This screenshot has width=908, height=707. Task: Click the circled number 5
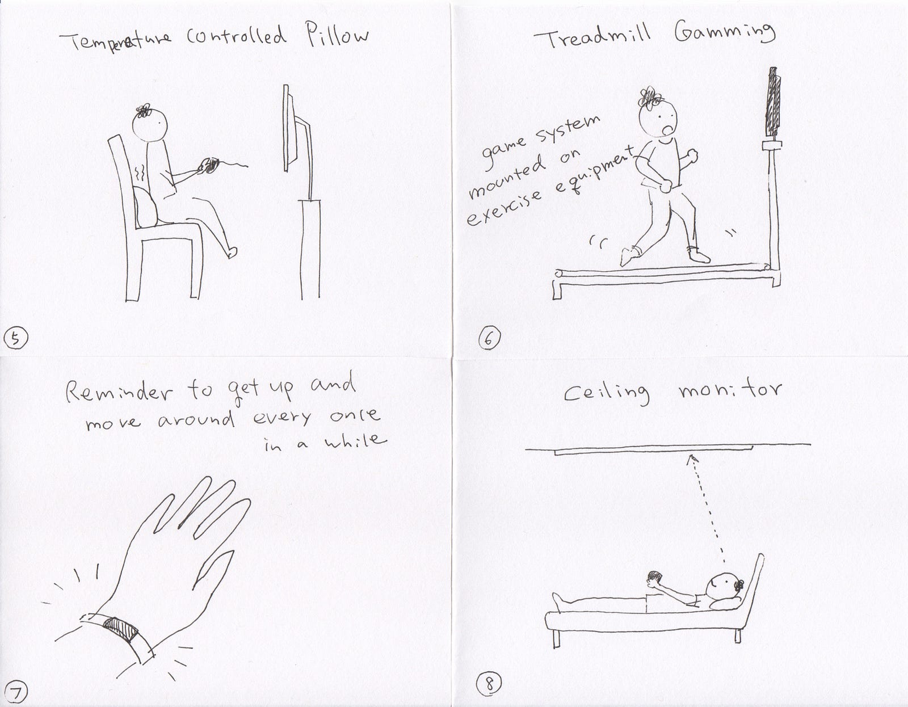pyautogui.click(x=15, y=338)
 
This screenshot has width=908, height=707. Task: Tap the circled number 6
pyautogui.click(x=489, y=338)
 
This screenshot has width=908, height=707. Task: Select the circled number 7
pyautogui.click(x=15, y=693)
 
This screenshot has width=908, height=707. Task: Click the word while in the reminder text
pyautogui.click(x=355, y=441)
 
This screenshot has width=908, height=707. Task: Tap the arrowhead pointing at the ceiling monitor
pyautogui.click(x=693, y=459)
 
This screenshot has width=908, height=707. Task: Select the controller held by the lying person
pyautogui.click(x=654, y=578)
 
